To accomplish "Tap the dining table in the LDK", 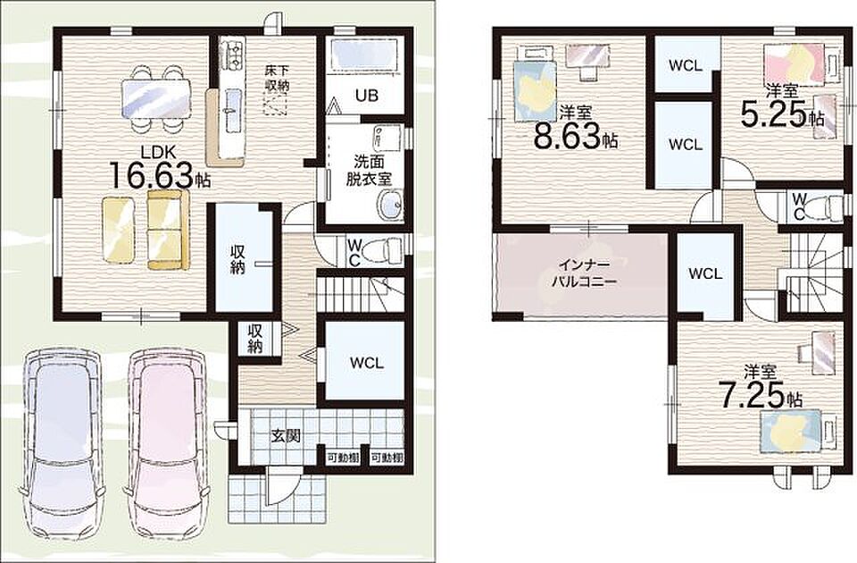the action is click(156, 98).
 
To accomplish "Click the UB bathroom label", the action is click(367, 96).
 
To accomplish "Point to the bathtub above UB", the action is click(366, 55).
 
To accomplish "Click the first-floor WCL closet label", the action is click(367, 362).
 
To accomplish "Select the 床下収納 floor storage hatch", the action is click(276, 104).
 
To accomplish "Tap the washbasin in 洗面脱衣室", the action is click(391, 206).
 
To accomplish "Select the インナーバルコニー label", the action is click(583, 273).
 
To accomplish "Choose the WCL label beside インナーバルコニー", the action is click(705, 273).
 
